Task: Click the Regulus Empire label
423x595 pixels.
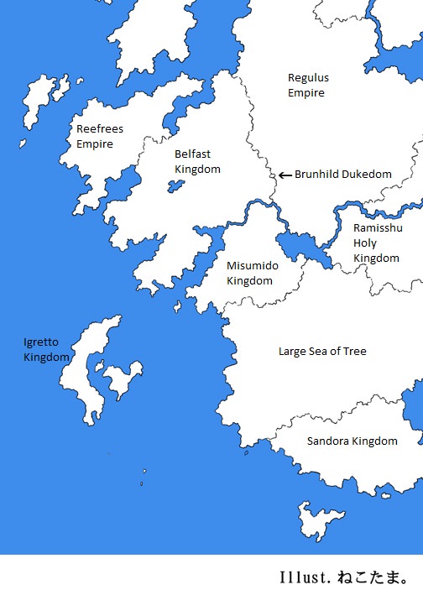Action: point(308,85)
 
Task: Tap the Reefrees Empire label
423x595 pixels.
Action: point(95,137)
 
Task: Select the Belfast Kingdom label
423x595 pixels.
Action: point(197,162)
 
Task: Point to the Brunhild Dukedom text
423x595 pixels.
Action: point(342,175)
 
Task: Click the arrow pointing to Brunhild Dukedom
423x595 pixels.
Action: point(285,175)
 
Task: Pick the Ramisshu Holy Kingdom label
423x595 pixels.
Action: point(376,243)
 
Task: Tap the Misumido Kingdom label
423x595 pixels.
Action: point(250,273)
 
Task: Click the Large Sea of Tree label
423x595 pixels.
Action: point(322,352)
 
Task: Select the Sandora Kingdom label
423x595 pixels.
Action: point(352,441)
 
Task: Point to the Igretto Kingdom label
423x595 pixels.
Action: point(46,350)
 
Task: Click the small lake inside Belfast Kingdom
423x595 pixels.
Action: point(176,185)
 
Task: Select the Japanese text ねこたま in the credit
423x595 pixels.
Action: point(368,578)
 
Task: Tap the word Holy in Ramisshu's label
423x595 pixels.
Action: point(365,243)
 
